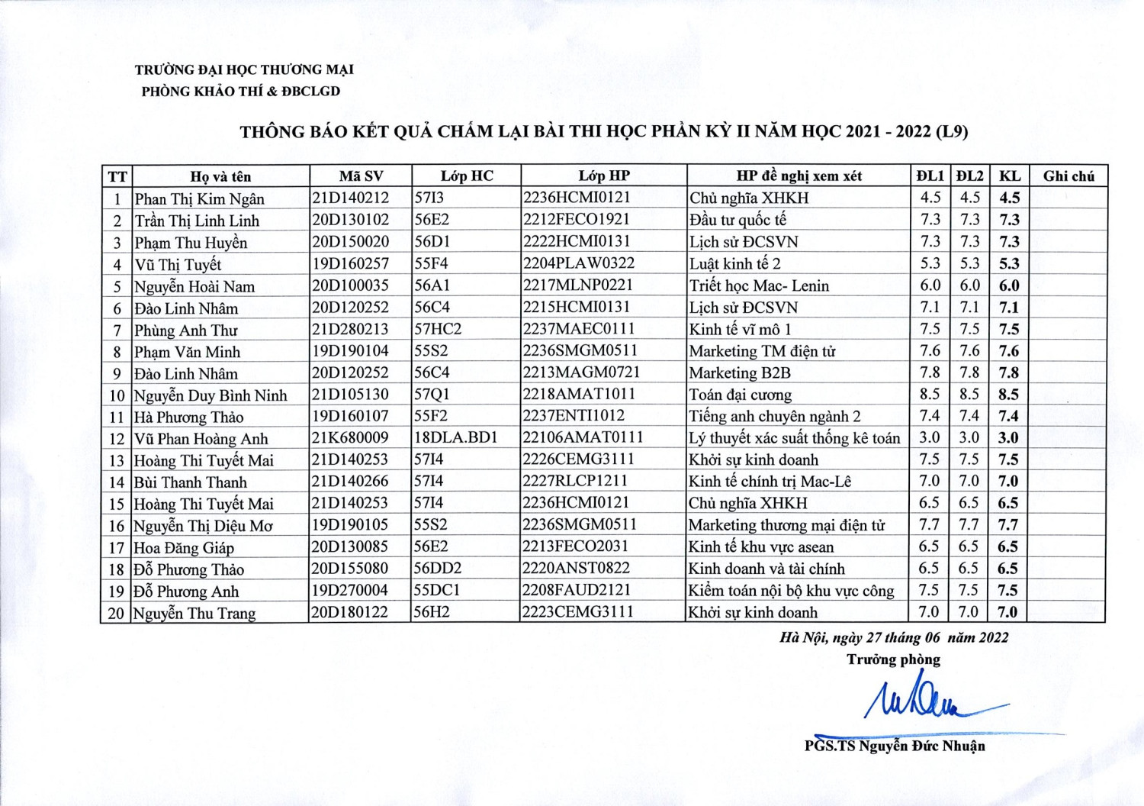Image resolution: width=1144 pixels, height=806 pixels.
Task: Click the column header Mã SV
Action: [x=361, y=176]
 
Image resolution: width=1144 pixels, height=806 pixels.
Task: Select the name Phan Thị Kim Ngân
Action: [x=199, y=199]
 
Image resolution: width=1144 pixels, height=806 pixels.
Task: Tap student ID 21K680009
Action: [x=350, y=438]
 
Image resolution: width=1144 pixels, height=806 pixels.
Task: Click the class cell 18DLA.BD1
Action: [x=455, y=438]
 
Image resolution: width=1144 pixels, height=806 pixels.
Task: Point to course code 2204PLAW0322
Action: [x=579, y=263]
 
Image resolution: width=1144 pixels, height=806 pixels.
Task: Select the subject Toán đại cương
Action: [x=740, y=395]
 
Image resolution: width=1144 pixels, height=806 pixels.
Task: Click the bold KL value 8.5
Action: [x=1009, y=395]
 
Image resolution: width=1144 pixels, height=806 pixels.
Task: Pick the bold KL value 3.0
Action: [x=1009, y=438]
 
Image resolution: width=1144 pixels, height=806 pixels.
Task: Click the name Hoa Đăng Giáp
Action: [x=184, y=548]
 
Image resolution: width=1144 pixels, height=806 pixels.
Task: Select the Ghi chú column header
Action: [x=1068, y=176]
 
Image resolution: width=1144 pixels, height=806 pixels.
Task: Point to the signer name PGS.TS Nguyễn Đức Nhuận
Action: [x=895, y=746]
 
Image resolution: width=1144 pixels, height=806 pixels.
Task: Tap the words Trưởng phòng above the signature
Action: [x=893, y=659]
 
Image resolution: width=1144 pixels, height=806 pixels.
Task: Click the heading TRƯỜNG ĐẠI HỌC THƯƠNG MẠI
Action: [x=244, y=69]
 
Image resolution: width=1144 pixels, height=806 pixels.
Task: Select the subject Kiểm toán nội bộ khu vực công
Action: [x=791, y=591]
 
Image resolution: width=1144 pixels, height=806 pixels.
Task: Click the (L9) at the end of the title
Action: [x=952, y=131]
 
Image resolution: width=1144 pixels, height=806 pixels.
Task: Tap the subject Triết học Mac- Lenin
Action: [x=759, y=285]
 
